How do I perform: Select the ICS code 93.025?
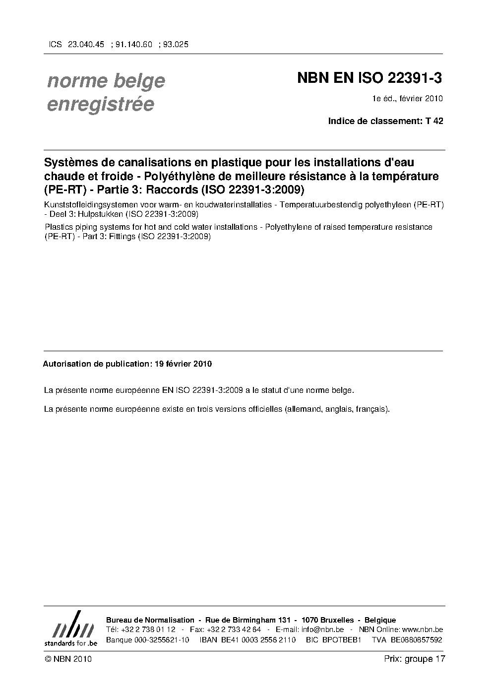click(x=175, y=44)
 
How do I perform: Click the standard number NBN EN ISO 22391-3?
click(x=369, y=78)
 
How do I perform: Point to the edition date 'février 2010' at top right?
click(x=421, y=98)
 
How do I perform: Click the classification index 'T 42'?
click(x=434, y=121)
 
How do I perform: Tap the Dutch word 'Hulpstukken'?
click(x=101, y=214)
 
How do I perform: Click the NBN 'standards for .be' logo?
click(x=70, y=629)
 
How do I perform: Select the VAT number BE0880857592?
click(x=416, y=639)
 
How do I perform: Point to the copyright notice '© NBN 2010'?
click(x=68, y=659)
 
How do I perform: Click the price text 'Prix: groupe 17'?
click(x=414, y=659)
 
